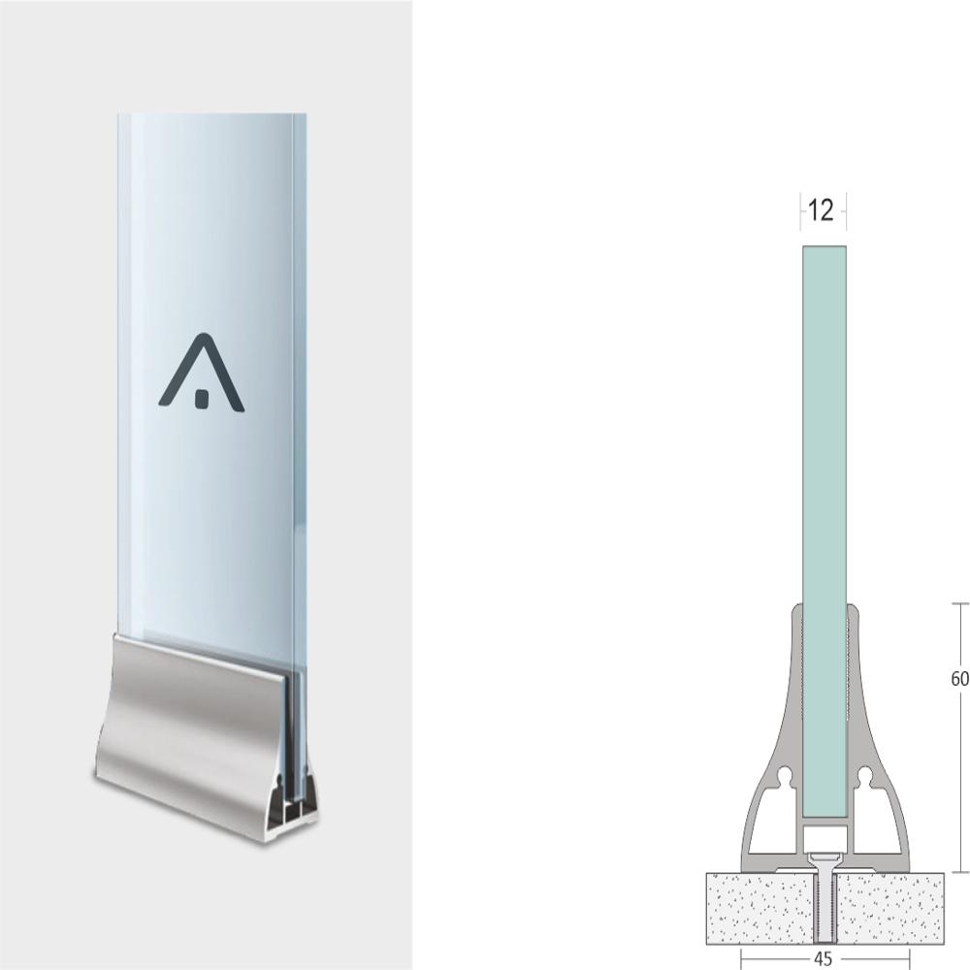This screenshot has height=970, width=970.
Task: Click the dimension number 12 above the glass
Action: tap(821, 210)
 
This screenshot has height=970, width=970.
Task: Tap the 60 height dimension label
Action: tap(958, 679)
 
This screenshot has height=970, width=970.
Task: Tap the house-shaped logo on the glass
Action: tap(202, 373)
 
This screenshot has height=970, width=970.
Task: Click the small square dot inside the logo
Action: tap(202, 398)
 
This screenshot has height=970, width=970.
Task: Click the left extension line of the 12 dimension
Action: tap(800, 212)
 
